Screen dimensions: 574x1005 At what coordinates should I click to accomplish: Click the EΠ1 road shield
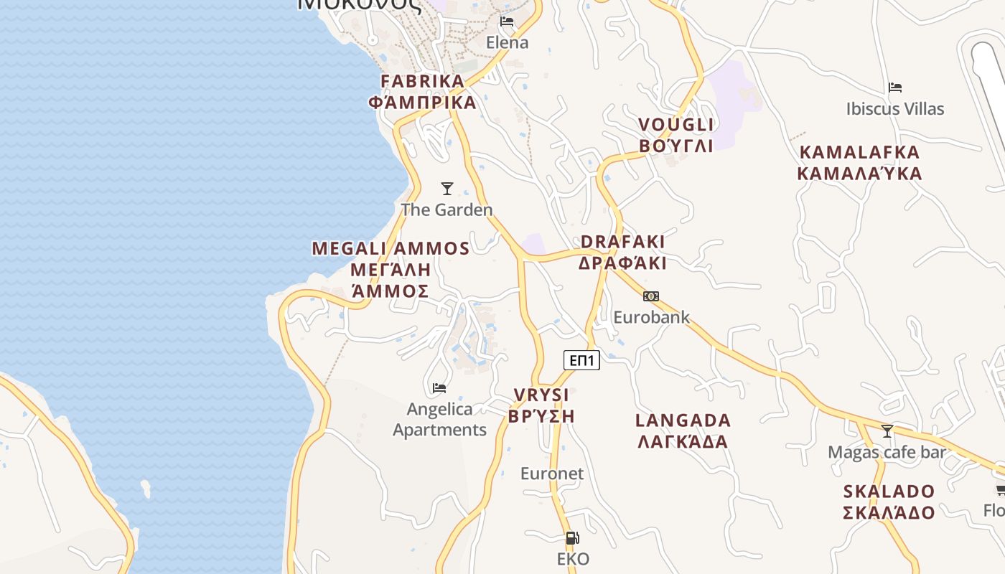point(581,360)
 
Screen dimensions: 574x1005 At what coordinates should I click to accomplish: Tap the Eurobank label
point(651,316)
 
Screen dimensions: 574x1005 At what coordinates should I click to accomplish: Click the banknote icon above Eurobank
point(651,296)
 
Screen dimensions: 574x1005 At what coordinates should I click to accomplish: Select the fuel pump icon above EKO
point(572,537)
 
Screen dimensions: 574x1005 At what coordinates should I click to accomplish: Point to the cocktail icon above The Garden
point(447,189)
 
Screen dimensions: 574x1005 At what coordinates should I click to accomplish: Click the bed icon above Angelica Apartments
point(439,388)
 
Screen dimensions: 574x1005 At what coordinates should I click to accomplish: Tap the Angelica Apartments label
point(439,419)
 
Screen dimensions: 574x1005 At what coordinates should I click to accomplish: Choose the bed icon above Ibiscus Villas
point(894,88)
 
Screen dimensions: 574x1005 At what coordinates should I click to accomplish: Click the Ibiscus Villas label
point(894,109)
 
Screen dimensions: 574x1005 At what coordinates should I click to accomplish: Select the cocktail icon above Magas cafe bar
point(887,431)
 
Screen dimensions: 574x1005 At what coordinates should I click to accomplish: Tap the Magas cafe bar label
point(887,452)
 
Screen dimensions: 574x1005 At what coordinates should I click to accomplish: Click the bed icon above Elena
point(507,22)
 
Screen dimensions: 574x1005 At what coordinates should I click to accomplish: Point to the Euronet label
point(552,474)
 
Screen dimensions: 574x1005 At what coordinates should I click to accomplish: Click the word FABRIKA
point(423,81)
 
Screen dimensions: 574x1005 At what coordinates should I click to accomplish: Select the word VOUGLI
point(676,125)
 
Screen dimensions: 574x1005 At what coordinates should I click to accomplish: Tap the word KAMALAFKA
point(859,152)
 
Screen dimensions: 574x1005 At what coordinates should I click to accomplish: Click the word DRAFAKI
point(622,242)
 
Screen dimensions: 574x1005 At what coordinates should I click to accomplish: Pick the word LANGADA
point(683,420)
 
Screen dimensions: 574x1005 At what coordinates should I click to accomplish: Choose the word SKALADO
point(889,491)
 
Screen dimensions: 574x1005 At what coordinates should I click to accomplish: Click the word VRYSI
point(541,395)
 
